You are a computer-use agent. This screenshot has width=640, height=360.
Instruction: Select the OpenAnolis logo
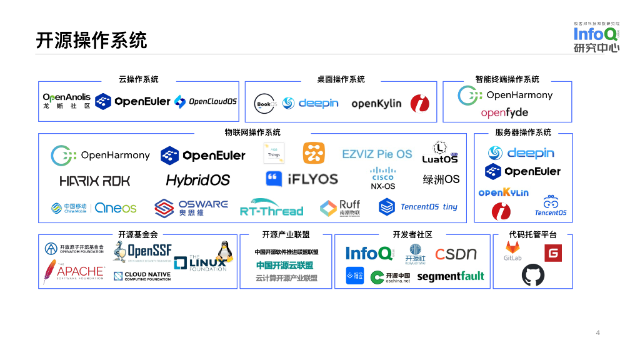66,101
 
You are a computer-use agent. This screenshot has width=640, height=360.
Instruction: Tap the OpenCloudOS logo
206,101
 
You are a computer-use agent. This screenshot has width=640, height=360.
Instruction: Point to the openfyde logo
504,112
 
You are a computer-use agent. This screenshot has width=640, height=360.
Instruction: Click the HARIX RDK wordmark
95,181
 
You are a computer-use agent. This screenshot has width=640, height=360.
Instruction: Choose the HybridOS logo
198,180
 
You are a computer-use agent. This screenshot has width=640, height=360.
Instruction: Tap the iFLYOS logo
301,179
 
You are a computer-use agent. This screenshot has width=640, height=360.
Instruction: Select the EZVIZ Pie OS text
377,154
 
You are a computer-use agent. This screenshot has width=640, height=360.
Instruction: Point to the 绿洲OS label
441,179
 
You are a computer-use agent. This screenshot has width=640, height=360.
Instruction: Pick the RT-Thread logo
271,208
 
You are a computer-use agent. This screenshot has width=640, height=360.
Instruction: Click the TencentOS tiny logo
418,207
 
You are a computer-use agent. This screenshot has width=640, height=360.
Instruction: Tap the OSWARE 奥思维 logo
191,208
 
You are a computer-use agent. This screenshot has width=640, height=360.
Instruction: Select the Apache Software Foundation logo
74,272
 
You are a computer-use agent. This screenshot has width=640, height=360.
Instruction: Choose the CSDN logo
456,254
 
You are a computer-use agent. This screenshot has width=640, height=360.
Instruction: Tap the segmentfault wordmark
451,276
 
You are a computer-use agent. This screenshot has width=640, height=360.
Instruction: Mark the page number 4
597,332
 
